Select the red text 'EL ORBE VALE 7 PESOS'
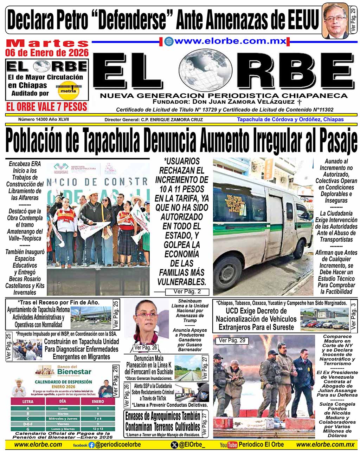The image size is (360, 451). (47, 107)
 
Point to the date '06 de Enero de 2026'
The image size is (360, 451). (47, 53)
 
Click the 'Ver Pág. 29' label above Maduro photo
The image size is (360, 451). (232, 340)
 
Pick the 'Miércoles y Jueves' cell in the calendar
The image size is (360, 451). (63, 419)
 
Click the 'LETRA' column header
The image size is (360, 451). (28, 401)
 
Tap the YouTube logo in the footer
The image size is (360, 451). (229, 445)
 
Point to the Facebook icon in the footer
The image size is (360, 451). (91, 445)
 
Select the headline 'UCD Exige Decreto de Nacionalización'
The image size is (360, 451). (256, 319)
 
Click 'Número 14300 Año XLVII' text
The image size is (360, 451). (44, 119)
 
